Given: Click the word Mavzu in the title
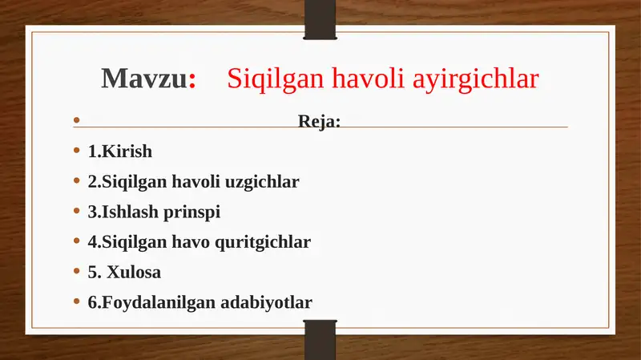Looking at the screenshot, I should pos(143,79).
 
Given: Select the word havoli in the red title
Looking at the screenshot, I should pos(369,79).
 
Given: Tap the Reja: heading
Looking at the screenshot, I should pos(320,122).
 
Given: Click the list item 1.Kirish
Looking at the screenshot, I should pos(119,152).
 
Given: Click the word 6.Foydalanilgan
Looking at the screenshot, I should pos(150,303).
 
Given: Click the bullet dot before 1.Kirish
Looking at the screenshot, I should pos(76,151).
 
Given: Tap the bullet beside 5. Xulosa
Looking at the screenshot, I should pos(76,272).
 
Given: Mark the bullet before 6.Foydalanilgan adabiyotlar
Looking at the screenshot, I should pos(76,302).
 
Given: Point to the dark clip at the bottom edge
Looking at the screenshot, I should pos(320,340).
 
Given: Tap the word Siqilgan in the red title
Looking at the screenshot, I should pos(269,79).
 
